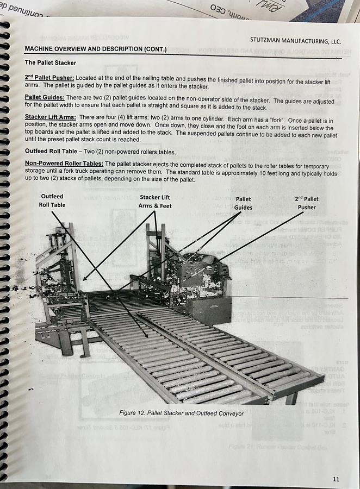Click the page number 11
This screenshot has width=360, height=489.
[336, 479]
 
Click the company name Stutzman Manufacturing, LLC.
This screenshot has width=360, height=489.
[295, 41]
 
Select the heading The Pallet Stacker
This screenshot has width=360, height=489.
[51, 62]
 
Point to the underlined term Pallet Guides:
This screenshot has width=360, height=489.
[45, 97]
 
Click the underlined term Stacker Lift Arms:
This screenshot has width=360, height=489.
[50, 117]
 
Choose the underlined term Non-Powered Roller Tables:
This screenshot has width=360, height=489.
[64, 164]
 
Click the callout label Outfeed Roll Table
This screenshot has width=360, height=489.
[52, 200]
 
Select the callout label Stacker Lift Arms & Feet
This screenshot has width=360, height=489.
[154, 202]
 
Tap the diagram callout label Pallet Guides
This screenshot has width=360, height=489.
[243, 203]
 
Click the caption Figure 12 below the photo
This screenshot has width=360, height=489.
[181, 413]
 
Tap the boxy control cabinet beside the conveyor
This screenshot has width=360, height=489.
[208, 310]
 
